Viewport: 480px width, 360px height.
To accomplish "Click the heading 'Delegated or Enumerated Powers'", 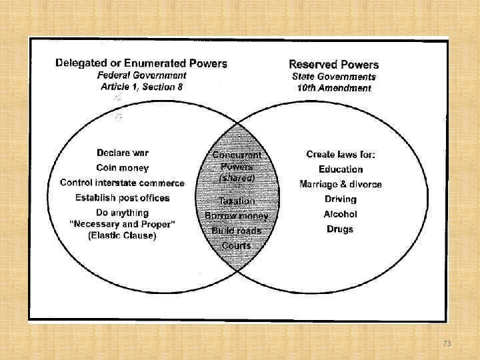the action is point(141,64).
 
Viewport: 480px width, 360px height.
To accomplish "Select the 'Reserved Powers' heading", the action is point(333,65).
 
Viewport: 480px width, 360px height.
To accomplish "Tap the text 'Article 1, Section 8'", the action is point(141,87).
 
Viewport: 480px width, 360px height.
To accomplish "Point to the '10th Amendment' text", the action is point(334,88).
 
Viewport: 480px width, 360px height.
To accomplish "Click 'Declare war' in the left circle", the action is point(123,153).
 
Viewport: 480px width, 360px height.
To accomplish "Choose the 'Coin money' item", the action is point(123,168).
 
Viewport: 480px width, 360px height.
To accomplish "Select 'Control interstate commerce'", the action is point(123,183).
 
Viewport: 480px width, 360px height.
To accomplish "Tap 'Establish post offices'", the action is point(123,198).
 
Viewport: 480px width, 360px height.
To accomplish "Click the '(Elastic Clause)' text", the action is point(123,235).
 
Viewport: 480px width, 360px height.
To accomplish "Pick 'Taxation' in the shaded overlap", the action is point(237,201).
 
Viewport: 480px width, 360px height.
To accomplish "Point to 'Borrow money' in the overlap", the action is point(237,216).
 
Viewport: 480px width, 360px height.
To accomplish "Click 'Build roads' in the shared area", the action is point(237,231).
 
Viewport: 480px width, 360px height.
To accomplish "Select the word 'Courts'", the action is point(237,246).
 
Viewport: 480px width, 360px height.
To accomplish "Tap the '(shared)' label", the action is point(237,179).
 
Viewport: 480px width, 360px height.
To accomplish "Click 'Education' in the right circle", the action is point(341,169).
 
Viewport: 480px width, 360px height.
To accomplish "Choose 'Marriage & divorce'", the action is point(341,184).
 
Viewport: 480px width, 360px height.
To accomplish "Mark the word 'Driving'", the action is point(341,199).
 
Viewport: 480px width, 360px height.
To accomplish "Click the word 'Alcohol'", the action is point(341,214).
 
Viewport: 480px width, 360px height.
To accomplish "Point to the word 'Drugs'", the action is point(341,229).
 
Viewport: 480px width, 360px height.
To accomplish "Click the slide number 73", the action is point(447,343).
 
